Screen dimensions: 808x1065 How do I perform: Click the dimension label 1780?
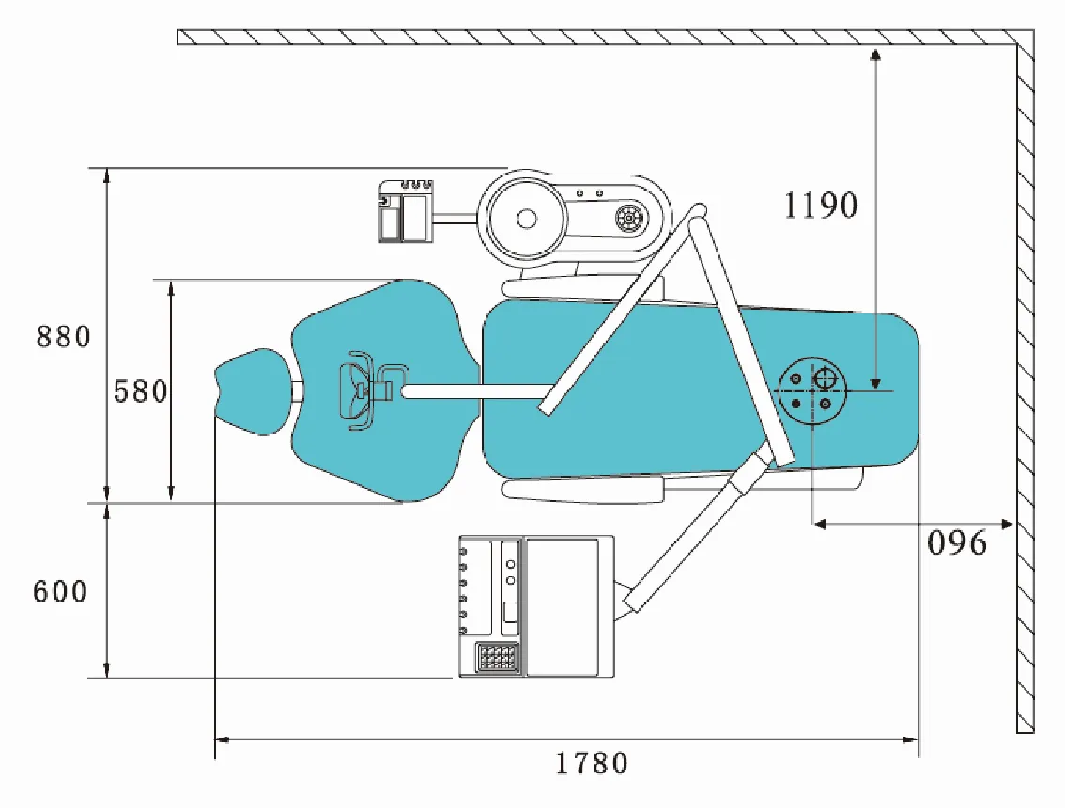click(591, 763)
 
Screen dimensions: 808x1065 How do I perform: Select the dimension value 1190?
click(821, 206)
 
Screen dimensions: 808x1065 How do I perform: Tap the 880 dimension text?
click(64, 336)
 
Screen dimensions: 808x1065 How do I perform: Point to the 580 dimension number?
click(141, 390)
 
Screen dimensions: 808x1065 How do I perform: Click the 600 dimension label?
click(60, 592)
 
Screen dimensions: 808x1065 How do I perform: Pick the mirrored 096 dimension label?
click(957, 543)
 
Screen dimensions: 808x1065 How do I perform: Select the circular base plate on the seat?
click(813, 390)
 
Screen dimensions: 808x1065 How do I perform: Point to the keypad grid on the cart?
click(495, 657)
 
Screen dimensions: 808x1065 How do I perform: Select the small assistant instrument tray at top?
click(406, 212)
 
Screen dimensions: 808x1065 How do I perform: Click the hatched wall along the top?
click(601, 37)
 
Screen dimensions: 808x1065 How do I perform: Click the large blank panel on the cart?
click(562, 605)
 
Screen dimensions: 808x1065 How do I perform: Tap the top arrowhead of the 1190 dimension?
click(875, 53)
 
